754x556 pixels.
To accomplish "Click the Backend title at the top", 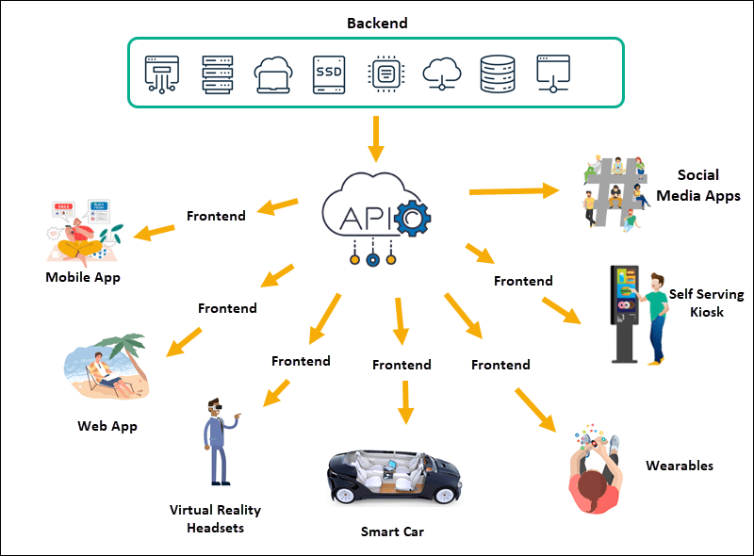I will pyautogui.click(x=376, y=22).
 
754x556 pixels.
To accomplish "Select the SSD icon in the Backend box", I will pyautogui.click(x=329, y=74).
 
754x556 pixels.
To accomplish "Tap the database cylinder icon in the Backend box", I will pyautogui.click(x=498, y=74).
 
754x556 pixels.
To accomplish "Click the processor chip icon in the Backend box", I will pyautogui.click(x=385, y=74).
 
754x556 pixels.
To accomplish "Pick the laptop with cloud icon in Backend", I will pyautogui.click(x=273, y=74).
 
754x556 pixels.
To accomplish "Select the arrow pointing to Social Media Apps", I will pyautogui.click(x=513, y=190).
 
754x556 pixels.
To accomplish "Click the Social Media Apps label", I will pyautogui.click(x=698, y=186).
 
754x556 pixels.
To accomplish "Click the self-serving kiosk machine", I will pyautogui.click(x=626, y=312).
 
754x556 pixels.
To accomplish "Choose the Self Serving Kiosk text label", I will pyautogui.click(x=706, y=303).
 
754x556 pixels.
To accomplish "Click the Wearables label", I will pyautogui.click(x=680, y=466).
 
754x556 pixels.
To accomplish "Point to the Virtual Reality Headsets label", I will pyautogui.click(x=215, y=518).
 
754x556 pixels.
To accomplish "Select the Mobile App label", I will pyautogui.click(x=83, y=277).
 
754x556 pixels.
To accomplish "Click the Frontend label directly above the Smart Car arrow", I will pyautogui.click(x=402, y=365).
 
